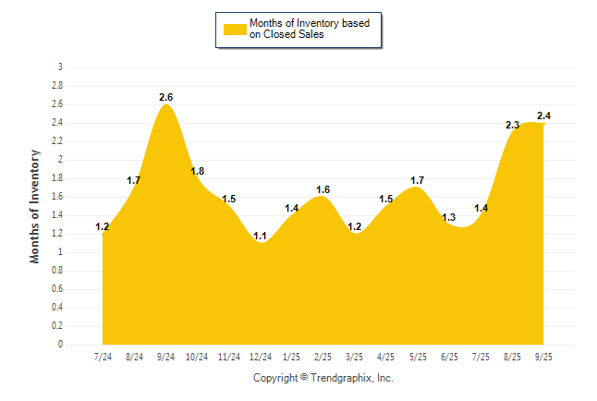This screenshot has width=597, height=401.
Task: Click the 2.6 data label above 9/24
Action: (166, 97)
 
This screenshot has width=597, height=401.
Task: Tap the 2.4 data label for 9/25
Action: (544, 115)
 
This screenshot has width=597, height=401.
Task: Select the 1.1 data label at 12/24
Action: (261, 236)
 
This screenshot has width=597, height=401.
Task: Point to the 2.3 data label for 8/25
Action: (513, 125)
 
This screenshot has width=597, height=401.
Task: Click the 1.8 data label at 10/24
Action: (198, 171)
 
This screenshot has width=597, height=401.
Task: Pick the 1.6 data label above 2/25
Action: (323, 189)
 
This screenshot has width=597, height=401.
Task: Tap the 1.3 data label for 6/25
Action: (449, 217)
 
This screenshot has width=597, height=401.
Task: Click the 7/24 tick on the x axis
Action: (104, 356)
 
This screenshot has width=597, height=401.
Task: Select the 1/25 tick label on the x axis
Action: (292, 356)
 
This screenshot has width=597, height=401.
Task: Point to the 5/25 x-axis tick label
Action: (418, 356)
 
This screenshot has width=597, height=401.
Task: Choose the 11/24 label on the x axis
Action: (229, 356)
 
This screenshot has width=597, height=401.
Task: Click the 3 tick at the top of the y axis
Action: (60, 67)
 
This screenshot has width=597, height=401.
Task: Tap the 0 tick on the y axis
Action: (60, 345)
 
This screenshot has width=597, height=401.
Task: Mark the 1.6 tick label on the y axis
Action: (57, 197)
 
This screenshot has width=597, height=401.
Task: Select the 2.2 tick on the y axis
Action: (57, 141)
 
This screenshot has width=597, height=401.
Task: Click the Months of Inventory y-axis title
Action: (35, 206)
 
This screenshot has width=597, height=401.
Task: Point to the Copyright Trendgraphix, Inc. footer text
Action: (323, 378)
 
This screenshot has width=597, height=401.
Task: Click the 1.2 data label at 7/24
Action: (103, 226)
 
